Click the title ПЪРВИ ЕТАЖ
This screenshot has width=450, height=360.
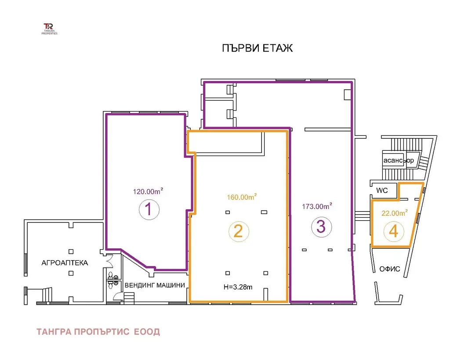[x=258, y=48]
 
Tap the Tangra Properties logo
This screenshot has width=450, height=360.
[x=49, y=29]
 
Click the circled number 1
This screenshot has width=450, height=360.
[x=149, y=209]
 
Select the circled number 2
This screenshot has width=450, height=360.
[x=239, y=231]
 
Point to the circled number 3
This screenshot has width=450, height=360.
[x=321, y=226]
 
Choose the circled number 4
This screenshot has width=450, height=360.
[x=393, y=231]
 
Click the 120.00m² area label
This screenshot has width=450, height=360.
[x=148, y=191]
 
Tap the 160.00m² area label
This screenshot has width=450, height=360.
[x=242, y=197]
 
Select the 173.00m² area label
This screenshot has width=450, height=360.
[x=317, y=206]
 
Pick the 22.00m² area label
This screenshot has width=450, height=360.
[x=395, y=213]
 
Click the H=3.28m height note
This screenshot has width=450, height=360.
[x=238, y=287]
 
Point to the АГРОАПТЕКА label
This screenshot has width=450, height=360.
[x=65, y=263]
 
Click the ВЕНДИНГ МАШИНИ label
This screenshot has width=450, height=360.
[x=155, y=285]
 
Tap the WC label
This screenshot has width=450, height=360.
[x=382, y=190]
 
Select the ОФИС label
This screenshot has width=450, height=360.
[x=389, y=269]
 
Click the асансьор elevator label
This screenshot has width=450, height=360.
[x=399, y=160]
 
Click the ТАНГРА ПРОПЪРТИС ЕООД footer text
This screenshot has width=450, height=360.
[x=98, y=332]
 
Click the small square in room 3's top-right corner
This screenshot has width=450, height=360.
[x=347, y=95]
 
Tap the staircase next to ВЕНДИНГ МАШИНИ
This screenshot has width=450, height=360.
[x=129, y=298]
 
